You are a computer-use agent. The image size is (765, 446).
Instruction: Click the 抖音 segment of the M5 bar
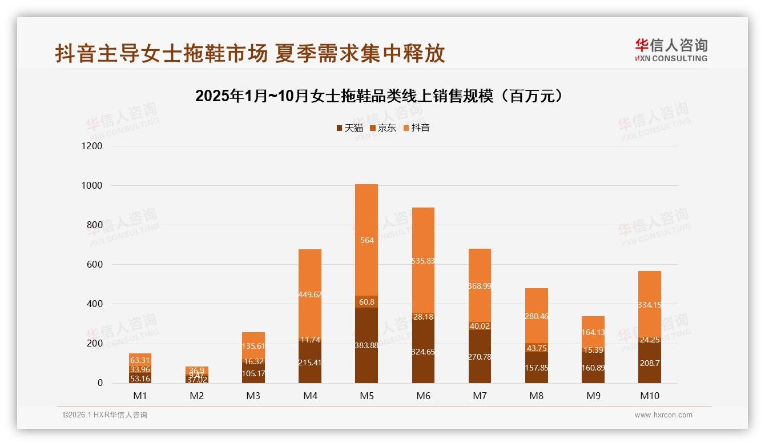(x=366, y=217)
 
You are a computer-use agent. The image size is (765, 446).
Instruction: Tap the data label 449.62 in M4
(x=309, y=295)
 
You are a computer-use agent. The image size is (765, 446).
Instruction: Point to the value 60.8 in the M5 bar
(x=366, y=302)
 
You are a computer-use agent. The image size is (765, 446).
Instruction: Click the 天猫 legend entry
(x=349, y=128)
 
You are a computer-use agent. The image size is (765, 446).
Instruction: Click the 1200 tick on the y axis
(x=92, y=146)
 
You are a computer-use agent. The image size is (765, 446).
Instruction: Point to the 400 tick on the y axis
(x=94, y=304)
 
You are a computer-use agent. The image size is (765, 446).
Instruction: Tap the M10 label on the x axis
(x=650, y=396)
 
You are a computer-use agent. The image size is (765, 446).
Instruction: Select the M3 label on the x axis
(x=253, y=396)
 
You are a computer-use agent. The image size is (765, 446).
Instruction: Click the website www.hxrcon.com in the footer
(x=663, y=415)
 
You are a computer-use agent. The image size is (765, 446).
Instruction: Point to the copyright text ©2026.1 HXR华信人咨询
(x=105, y=415)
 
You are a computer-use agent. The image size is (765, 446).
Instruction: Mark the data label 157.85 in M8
(x=537, y=368)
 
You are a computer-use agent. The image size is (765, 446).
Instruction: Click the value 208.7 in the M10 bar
(x=650, y=363)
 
